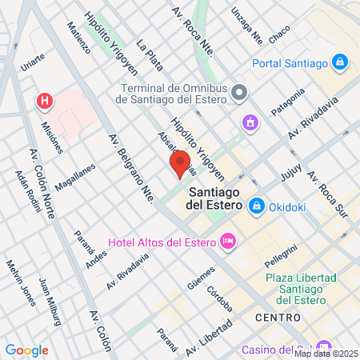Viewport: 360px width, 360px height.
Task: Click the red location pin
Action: point(180,162)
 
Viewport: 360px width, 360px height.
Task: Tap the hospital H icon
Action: point(46,102)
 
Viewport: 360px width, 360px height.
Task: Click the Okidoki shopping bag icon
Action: point(257,206)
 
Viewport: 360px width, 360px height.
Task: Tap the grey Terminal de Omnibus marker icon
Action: point(238,94)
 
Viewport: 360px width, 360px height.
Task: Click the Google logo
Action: point(26,350)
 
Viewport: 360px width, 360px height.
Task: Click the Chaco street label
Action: point(279,34)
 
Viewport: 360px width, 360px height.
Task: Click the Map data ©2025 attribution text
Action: point(326,353)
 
